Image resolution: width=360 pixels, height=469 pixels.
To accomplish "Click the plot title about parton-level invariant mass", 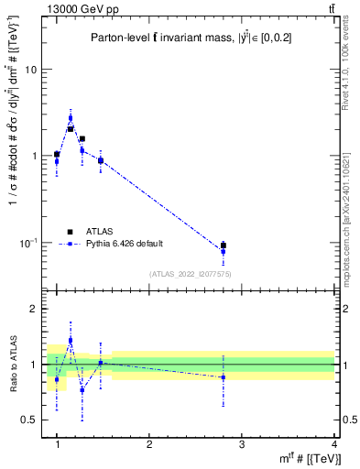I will tap(191, 38).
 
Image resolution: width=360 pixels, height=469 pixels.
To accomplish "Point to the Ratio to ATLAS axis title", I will tap(14, 365).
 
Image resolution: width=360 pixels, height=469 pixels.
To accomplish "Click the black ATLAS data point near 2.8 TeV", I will tap(224, 245).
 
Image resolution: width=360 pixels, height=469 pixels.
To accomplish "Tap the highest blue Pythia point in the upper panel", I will tap(71, 117).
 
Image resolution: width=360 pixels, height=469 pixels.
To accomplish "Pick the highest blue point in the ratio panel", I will tap(71, 340).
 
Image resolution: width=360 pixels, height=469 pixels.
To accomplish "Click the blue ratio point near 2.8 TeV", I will tap(224, 377).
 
